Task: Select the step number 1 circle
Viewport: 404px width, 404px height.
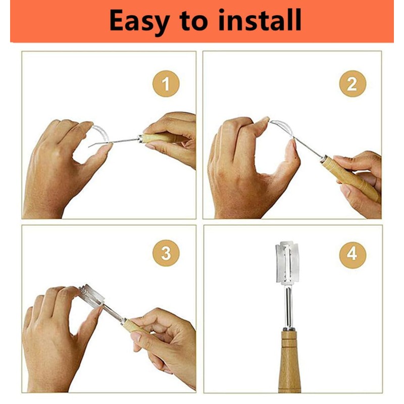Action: (166, 84)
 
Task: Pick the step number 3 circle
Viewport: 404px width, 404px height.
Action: (166, 254)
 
